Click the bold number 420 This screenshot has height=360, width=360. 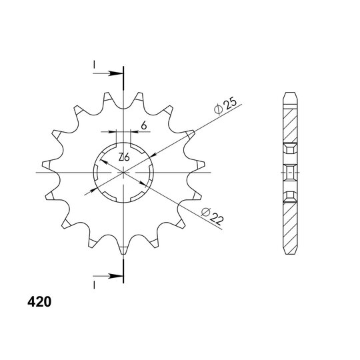(x=39, y=302)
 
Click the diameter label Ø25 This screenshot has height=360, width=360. (x=225, y=106)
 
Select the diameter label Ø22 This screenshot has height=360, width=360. (x=213, y=217)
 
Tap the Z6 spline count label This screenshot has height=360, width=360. (x=124, y=157)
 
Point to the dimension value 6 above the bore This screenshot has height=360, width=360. (x=144, y=125)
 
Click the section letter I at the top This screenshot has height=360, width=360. (x=94, y=65)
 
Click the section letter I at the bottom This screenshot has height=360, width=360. (x=94, y=285)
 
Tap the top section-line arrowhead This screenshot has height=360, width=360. (x=116, y=73)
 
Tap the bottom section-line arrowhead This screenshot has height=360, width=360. (x=116, y=276)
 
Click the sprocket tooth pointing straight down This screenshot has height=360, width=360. (x=123, y=249)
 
